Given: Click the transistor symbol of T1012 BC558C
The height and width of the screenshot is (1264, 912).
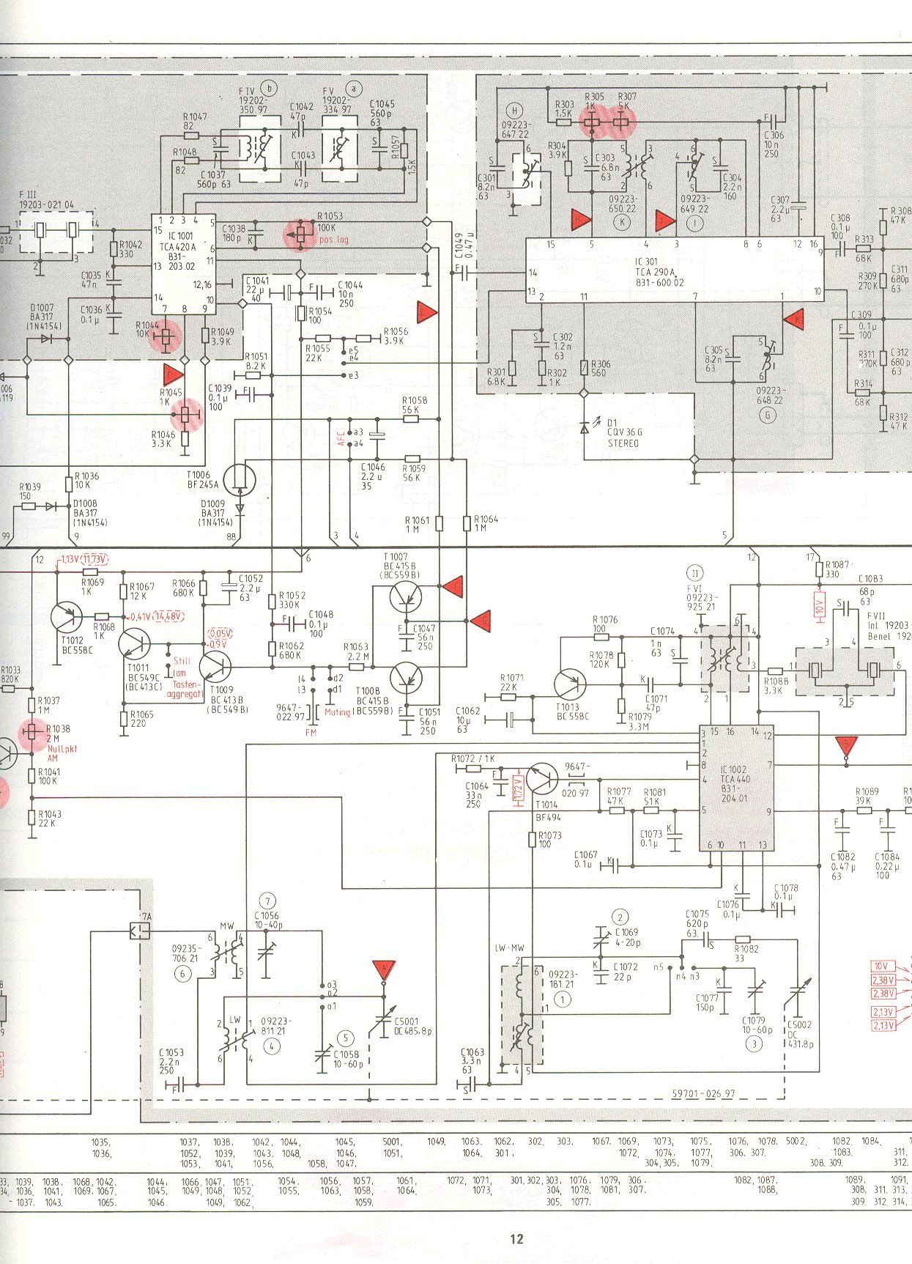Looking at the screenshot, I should click(x=67, y=617).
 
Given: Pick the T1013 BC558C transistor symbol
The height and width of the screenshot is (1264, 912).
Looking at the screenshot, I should click(x=570, y=685).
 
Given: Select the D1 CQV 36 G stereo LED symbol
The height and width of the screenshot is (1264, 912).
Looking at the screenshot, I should click(x=584, y=426).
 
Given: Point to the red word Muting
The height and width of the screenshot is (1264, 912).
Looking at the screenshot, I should click(x=337, y=712).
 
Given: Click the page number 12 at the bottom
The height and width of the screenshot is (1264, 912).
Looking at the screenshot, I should click(x=517, y=1240).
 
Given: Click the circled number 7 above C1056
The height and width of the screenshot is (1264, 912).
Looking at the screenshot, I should click(x=269, y=901).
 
